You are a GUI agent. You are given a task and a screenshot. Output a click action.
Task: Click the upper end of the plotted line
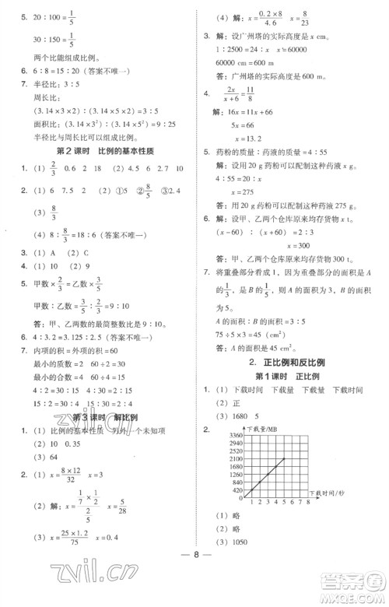point(284,458)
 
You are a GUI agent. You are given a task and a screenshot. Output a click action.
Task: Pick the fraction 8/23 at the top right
point(303,17)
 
